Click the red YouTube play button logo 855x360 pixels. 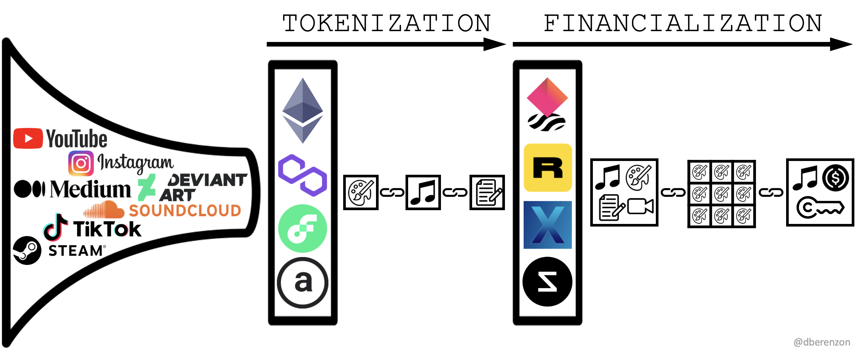pyautogui.click(x=28, y=138)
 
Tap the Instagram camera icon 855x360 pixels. pyautogui.click(x=81, y=163)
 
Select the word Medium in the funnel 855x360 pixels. pyautogui.click(x=90, y=189)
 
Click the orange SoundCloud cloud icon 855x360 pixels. pyautogui.click(x=104, y=210)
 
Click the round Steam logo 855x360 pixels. pyautogui.click(x=27, y=250)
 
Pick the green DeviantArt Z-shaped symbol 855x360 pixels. pyautogui.click(x=146, y=188)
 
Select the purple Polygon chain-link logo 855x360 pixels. pyautogui.click(x=302, y=175)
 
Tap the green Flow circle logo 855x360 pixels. pyautogui.click(x=302, y=228)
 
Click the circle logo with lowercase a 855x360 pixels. pyautogui.click(x=302, y=282)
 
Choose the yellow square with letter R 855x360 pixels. pyautogui.click(x=548, y=168)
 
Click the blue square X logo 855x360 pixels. pyautogui.click(x=548, y=225)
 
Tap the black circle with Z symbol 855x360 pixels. pyautogui.click(x=547, y=281)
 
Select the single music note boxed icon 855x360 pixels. pyautogui.click(x=423, y=192)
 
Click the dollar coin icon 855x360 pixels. pyautogui.click(x=835, y=178)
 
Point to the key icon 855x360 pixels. pyautogui.click(x=820, y=208)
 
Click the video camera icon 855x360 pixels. pyautogui.click(x=640, y=206)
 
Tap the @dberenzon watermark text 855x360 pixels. pyautogui.click(x=822, y=342)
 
